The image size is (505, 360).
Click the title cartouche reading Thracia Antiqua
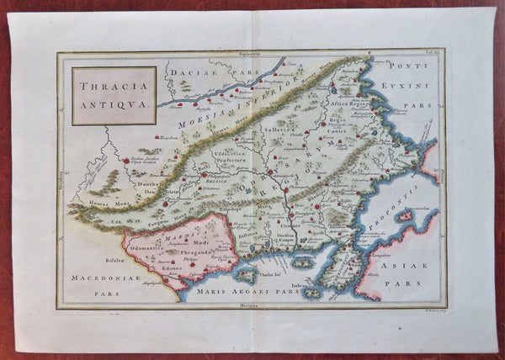point(113,96)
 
